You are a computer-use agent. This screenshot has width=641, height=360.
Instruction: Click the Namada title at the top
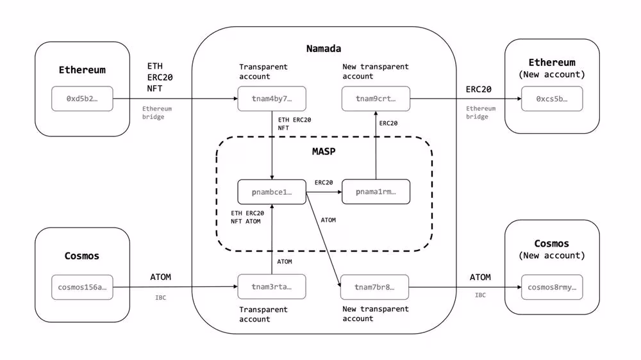click(324, 49)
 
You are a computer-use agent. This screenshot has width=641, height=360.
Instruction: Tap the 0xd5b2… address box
click(82, 99)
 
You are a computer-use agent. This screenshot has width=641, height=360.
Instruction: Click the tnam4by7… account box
click(272, 99)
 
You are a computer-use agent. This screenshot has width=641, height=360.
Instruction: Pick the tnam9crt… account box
click(375, 99)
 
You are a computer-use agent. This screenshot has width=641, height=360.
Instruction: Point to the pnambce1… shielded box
click(272, 192)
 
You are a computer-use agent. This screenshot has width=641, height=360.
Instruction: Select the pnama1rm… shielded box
click(375, 192)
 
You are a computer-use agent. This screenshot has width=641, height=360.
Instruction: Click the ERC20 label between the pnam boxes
click(324, 183)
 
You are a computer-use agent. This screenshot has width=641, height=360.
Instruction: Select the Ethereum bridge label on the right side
click(481, 113)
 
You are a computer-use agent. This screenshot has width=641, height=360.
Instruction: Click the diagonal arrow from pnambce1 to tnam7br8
click(322, 238)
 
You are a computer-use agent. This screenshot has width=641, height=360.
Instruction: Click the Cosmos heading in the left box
click(82, 256)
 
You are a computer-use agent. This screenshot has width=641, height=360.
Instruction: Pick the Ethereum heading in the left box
click(82, 70)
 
